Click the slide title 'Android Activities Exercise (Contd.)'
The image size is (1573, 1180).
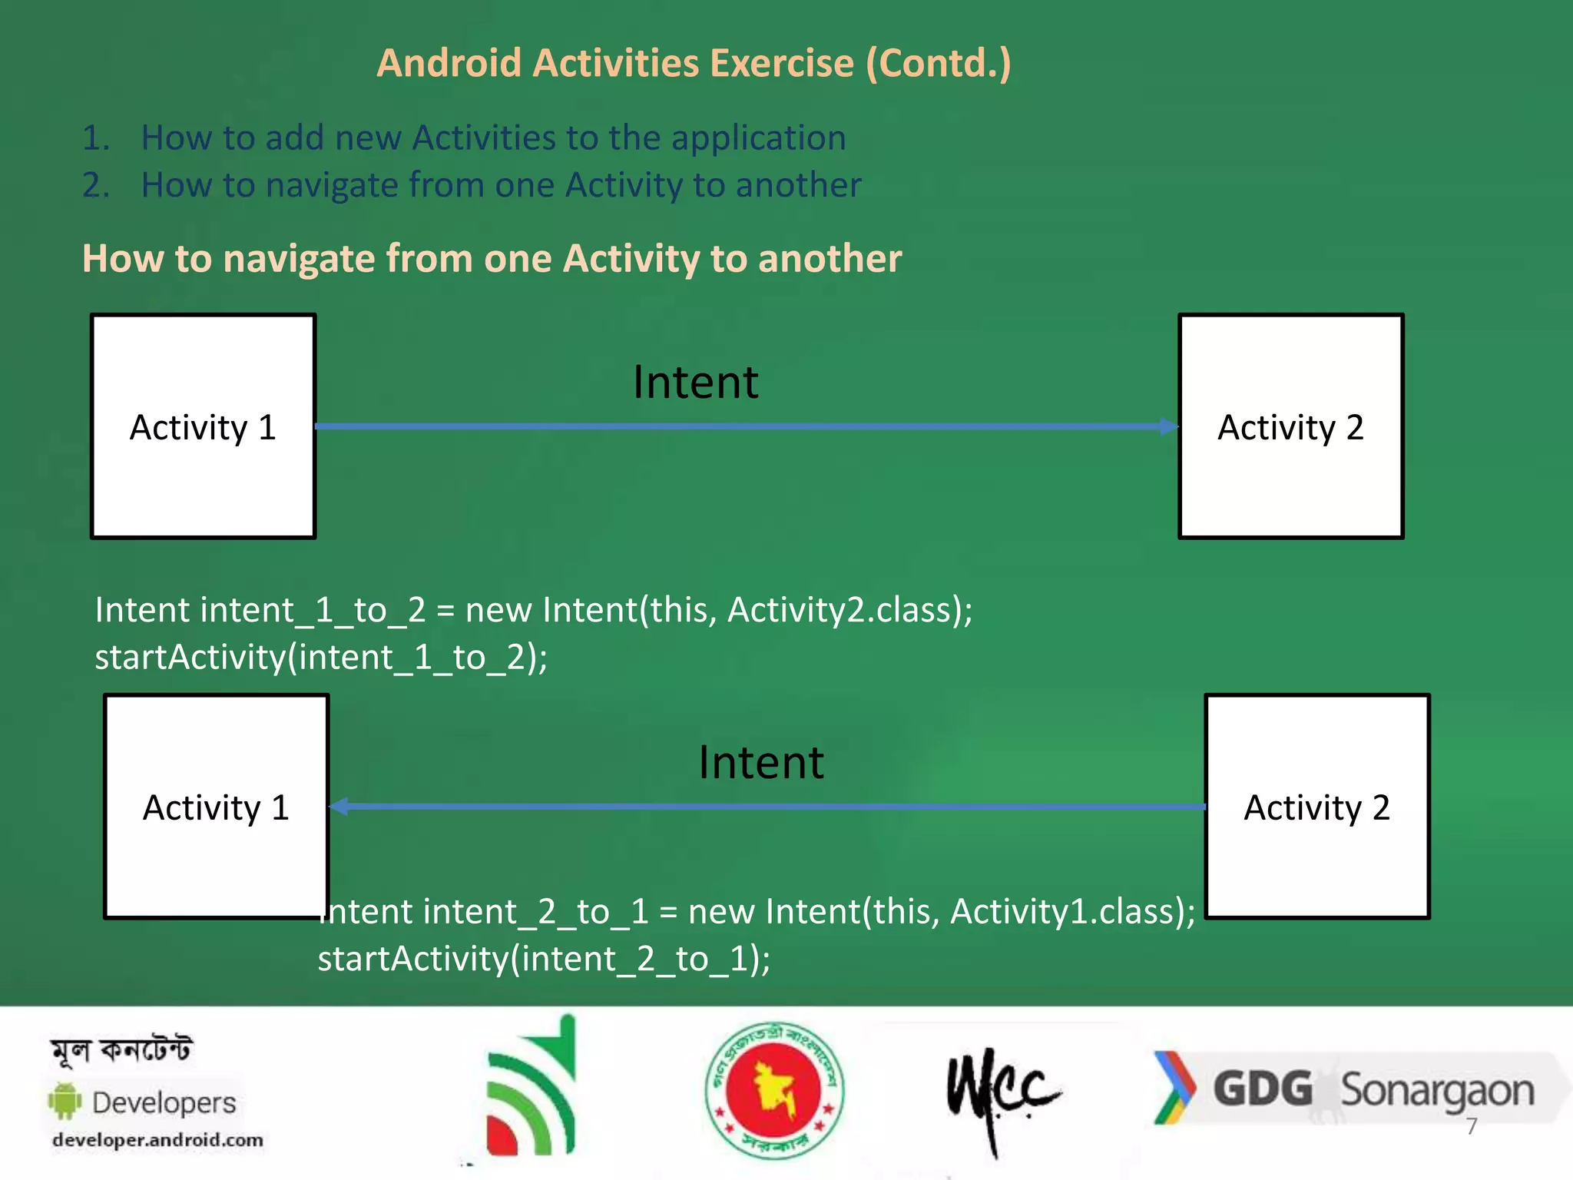tap(694, 63)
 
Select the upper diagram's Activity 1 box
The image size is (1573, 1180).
tap(203, 426)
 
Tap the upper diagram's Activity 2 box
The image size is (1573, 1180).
tap(1291, 426)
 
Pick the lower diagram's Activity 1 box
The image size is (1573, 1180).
tap(216, 807)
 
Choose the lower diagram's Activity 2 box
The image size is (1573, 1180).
tap(1316, 807)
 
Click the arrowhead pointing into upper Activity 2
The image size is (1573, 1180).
tap(1168, 426)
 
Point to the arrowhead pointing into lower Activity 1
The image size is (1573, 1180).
tap(339, 807)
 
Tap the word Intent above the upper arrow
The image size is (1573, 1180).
tap(695, 382)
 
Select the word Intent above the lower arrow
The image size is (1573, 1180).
tap(760, 763)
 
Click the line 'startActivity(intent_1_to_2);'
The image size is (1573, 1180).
tap(321, 658)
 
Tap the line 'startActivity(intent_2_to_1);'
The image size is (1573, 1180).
tap(544, 959)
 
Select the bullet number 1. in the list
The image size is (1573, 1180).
tap(96, 138)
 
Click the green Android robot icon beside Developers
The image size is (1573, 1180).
tap(65, 1101)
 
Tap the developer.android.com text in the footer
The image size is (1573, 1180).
tap(157, 1140)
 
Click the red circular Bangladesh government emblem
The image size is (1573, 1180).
tap(774, 1090)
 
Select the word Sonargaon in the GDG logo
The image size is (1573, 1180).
tap(1436, 1090)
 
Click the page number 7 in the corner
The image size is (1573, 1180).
tap(1472, 1127)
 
